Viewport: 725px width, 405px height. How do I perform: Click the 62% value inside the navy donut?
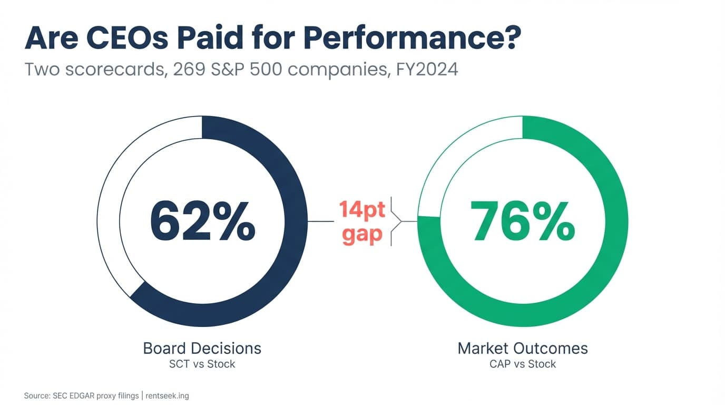pyautogui.click(x=202, y=221)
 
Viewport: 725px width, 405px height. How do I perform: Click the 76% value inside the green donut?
pyautogui.click(x=522, y=221)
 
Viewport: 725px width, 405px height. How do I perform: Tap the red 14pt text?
pyautogui.click(x=362, y=209)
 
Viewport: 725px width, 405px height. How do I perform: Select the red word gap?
pyautogui.click(x=362, y=234)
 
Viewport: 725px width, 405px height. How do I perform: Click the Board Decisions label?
pyautogui.click(x=202, y=348)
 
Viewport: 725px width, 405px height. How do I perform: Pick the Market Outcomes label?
pyautogui.click(x=522, y=348)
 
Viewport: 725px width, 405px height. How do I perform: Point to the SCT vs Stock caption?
pyautogui.click(x=202, y=364)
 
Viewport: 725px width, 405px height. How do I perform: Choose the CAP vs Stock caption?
pyautogui.click(x=522, y=364)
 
